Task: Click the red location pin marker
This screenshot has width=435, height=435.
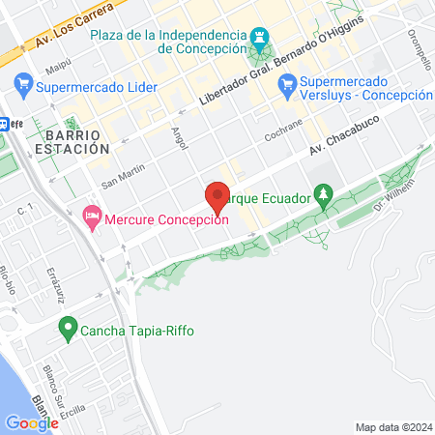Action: click(x=217, y=196)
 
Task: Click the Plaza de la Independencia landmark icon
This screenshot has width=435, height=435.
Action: click(x=258, y=37)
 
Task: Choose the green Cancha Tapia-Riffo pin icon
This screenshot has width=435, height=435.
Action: click(x=68, y=331)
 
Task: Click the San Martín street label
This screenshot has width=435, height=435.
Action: click(x=123, y=174)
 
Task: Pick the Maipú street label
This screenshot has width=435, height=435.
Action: click(x=58, y=67)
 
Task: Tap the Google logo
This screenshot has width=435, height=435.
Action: click(x=32, y=422)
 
